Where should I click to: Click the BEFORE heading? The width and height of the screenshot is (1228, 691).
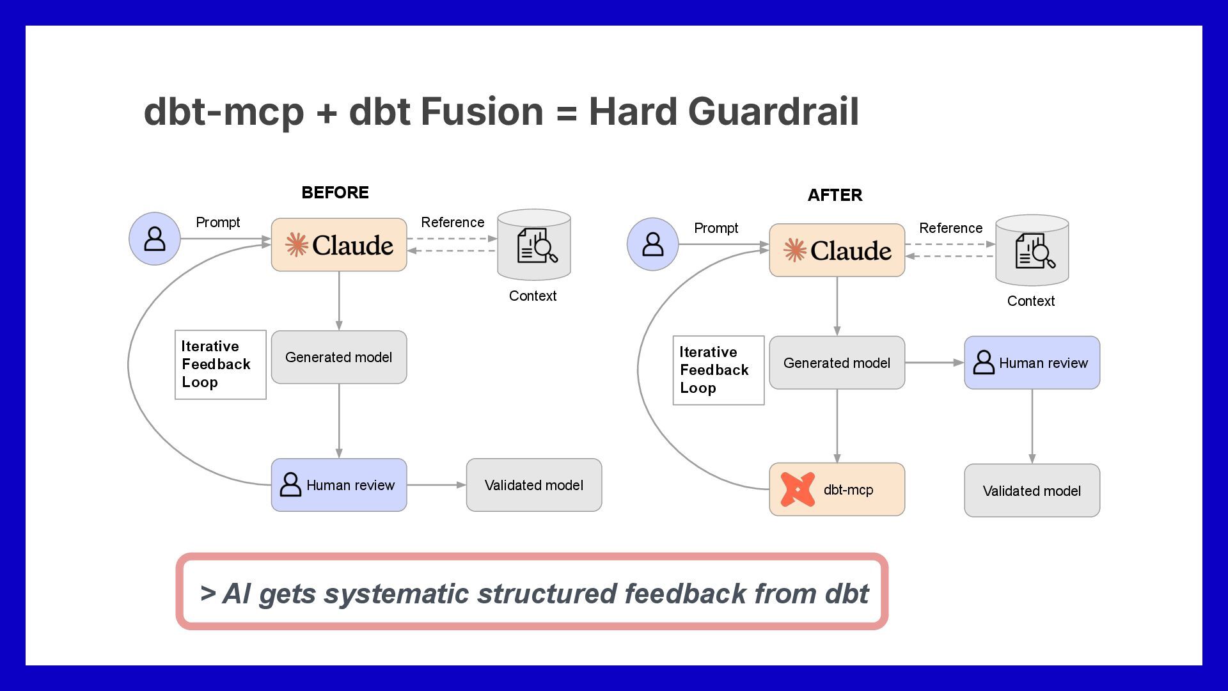[x=335, y=193]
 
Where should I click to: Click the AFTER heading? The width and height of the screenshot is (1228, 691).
[x=835, y=195]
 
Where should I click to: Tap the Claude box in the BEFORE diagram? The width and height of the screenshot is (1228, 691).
[x=339, y=245]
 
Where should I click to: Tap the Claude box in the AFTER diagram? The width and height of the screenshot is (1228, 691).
[x=837, y=250]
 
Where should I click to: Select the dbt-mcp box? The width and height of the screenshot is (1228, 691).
[x=837, y=489]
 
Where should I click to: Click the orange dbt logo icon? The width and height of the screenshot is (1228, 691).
[x=798, y=489]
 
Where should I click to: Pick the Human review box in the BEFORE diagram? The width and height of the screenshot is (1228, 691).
[x=339, y=485]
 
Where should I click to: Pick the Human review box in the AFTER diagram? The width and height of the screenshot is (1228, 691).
[x=1032, y=363]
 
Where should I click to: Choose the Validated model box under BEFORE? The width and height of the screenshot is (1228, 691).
[x=534, y=485]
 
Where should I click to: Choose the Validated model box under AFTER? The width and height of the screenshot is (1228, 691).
[x=1032, y=491]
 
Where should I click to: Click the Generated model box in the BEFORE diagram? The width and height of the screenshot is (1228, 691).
[x=339, y=357]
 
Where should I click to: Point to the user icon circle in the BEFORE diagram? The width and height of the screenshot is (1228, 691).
[x=155, y=239]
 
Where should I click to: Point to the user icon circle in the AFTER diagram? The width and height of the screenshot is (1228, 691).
[x=652, y=244]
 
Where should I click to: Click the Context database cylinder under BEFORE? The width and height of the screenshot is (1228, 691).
[x=534, y=245]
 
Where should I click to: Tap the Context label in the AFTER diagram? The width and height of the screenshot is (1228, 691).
[x=1030, y=301]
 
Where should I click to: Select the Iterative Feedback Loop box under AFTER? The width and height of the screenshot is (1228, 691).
[x=718, y=370]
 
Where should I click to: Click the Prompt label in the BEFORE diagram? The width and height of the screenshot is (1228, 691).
[x=217, y=223]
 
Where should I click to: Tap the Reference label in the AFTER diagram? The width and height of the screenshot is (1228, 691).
[x=950, y=228]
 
